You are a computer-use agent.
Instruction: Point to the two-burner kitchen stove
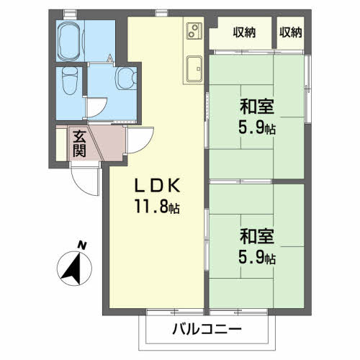194,31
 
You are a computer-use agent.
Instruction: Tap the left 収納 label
243,32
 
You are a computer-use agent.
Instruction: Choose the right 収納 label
291,32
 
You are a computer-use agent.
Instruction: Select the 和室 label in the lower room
257,236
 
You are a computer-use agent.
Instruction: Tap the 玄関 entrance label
79,143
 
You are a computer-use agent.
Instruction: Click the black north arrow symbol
71,267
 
